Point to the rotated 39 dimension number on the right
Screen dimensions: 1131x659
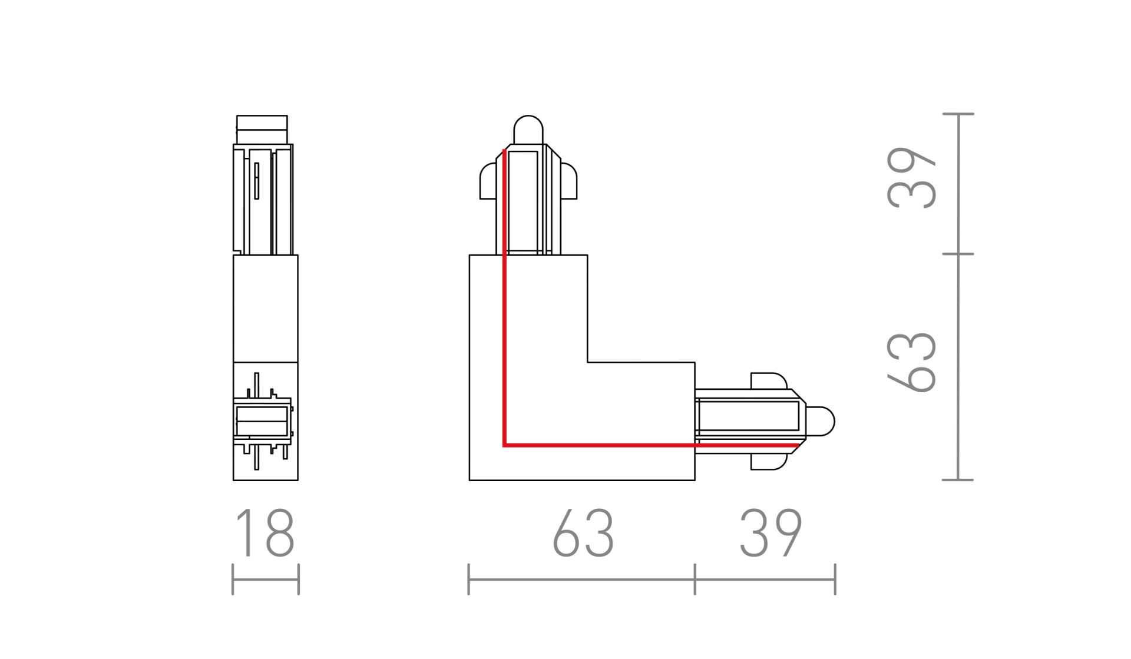pyautogui.click(x=911, y=178)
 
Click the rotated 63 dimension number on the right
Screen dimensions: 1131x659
pyautogui.click(x=911, y=362)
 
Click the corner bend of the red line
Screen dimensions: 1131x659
pyautogui.click(x=505, y=445)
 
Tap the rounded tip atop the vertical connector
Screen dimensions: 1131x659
pyautogui.click(x=528, y=128)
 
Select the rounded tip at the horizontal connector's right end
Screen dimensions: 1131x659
pyautogui.click(x=821, y=421)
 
